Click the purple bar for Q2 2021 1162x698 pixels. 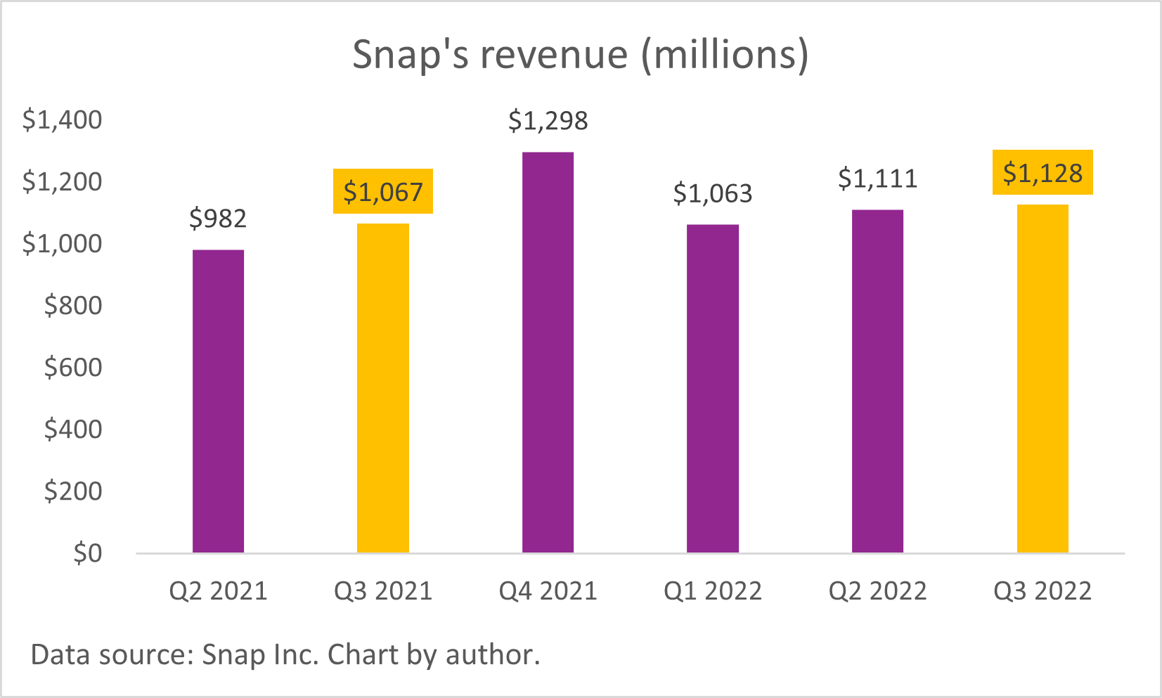point(218,401)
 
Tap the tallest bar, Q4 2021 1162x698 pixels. point(548,351)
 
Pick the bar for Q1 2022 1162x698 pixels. point(713,388)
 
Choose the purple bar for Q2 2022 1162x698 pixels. point(877,381)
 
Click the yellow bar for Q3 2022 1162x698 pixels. point(1042,378)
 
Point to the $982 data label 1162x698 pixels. point(218,219)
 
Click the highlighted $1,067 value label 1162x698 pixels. point(383,191)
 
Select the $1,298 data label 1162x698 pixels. point(548,121)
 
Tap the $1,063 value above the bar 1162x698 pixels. point(713,193)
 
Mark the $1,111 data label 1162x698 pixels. point(877,179)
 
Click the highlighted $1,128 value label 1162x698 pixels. point(1042,172)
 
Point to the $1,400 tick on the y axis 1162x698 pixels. point(62,119)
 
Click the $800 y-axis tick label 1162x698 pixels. point(73,305)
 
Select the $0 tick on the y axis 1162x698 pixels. point(88,553)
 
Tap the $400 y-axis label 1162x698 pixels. point(73,429)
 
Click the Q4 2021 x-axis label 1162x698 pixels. point(548,590)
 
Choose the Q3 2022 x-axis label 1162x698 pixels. point(1042,590)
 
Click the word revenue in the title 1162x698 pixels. point(554,54)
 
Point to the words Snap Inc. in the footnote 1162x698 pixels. point(261,654)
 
